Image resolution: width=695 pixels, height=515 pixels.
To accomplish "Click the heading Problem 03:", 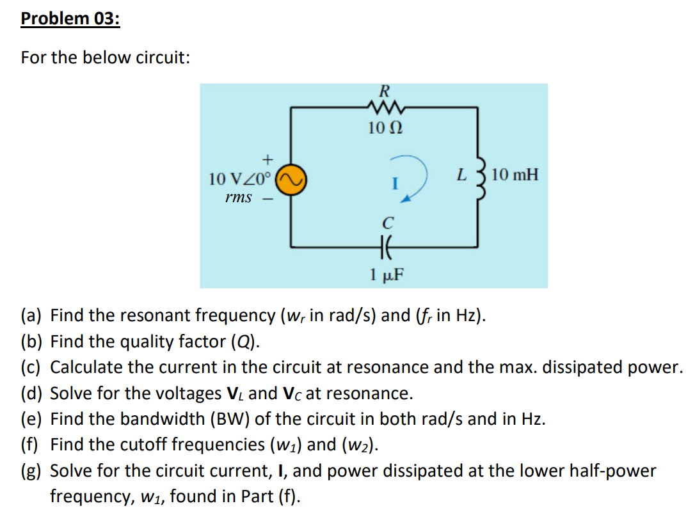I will click(x=70, y=19).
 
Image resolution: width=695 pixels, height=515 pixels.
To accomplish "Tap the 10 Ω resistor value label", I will click(x=385, y=128).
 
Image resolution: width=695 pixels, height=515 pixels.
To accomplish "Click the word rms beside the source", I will click(x=238, y=197).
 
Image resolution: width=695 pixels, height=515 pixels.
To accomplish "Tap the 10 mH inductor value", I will click(x=516, y=174).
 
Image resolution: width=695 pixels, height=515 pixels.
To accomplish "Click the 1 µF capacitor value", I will click(x=385, y=275).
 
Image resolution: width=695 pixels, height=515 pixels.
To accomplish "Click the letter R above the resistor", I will click(x=385, y=90).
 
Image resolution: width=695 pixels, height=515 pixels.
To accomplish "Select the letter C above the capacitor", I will click(x=386, y=223).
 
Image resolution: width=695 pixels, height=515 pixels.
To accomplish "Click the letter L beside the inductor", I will click(x=460, y=174).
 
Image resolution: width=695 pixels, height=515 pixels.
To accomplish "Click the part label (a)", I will click(x=31, y=315).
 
